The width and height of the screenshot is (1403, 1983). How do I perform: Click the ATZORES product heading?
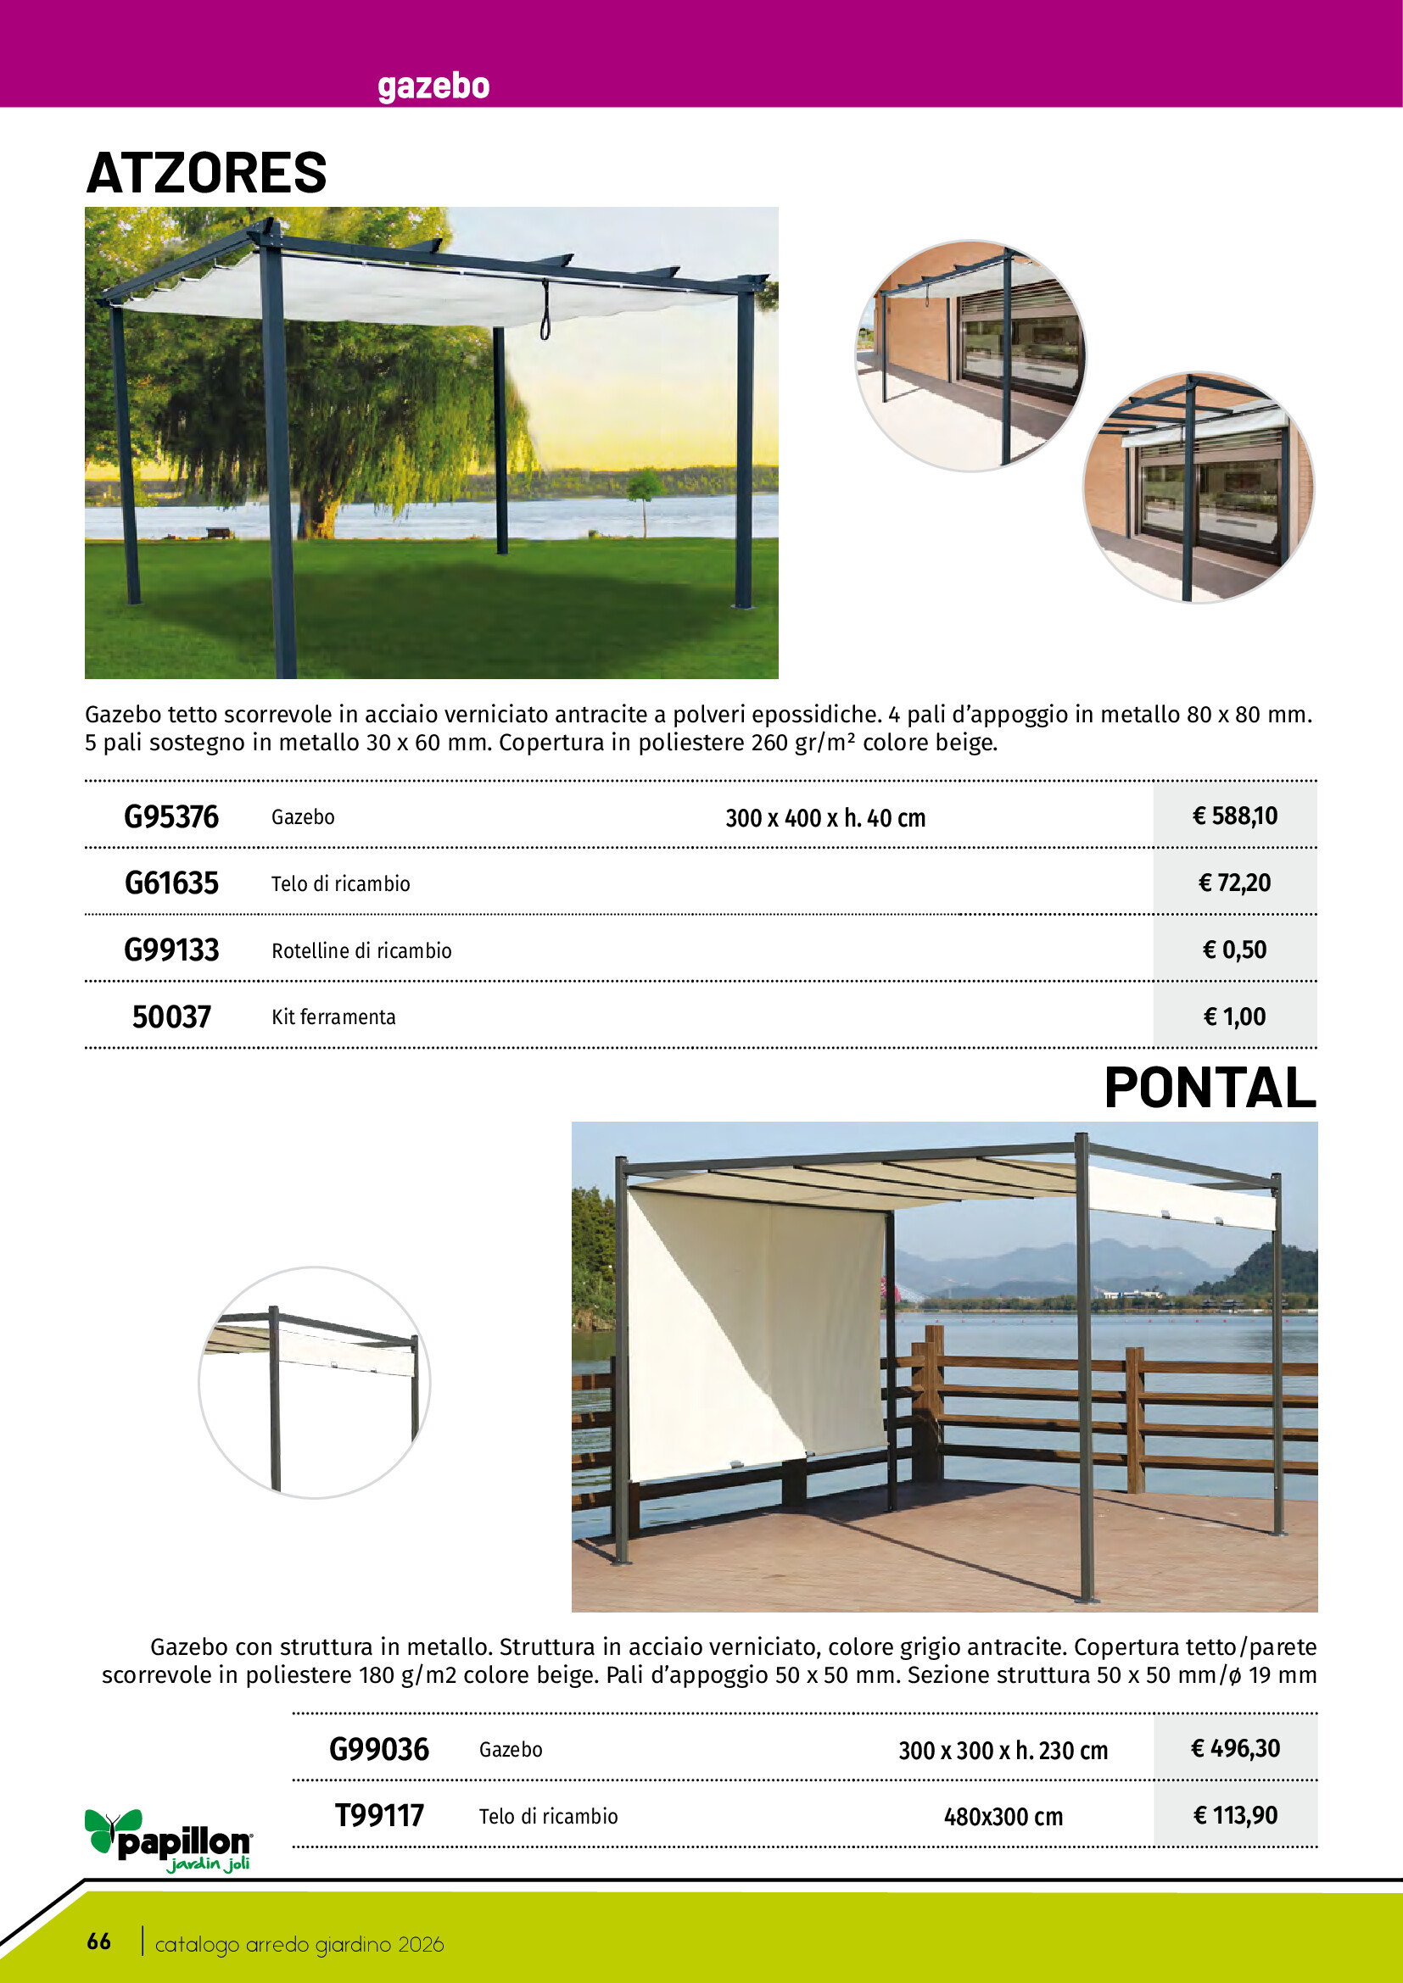point(206,173)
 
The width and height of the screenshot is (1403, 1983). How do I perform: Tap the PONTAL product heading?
point(1210,1088)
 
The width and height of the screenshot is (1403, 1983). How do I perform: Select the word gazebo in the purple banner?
point(433,86)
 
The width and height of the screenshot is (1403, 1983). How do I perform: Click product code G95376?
point(171,817)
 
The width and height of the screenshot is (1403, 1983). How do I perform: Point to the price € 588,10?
point(1234,816)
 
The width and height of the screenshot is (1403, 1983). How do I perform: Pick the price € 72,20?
point(1234,883)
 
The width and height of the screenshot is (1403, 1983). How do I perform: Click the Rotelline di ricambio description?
point(361,951)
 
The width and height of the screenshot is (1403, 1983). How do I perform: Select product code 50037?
point(171,1017)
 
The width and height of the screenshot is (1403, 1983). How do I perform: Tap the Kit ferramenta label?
point(333,1017)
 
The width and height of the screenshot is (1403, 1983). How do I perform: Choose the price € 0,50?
point(1234,950)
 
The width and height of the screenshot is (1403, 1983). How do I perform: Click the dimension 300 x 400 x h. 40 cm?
point(825,818)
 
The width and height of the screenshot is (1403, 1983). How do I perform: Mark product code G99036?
point(379,1750)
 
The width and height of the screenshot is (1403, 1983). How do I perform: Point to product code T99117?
point(379,1815)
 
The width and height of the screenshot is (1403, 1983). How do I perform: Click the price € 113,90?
point(1234,1815)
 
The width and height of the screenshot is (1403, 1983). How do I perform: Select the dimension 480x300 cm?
point(1003,1817)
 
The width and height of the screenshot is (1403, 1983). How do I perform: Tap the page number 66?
point(98,1941)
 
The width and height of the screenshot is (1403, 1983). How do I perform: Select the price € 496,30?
point(1234,1749)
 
